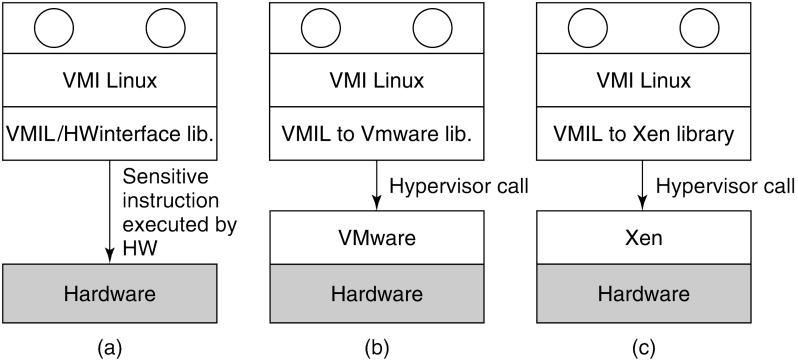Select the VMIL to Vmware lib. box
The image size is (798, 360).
[377, 132]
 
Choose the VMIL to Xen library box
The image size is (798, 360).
[643, 132]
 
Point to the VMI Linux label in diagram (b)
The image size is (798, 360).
[377, 79]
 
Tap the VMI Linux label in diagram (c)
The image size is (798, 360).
[643, 79]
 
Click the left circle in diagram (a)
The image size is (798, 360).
[56, 26]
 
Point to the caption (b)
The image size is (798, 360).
[377, 347]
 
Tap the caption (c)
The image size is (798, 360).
[643, 347]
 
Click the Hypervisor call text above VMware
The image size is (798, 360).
[457, 186]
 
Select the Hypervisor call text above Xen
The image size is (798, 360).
[724, 186]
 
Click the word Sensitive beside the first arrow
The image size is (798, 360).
[166, 177]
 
